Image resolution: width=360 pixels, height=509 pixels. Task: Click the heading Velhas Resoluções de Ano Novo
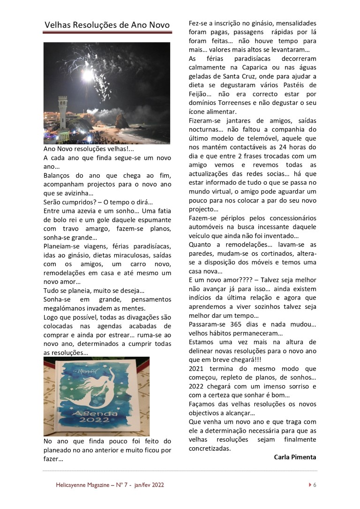point(107,25)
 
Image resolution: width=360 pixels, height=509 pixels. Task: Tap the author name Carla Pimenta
point(295,457)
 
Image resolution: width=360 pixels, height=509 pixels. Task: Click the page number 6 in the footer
point(315,485)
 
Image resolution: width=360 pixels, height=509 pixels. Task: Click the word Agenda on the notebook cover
point(97,415)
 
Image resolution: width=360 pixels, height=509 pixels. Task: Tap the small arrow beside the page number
point(310,485)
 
